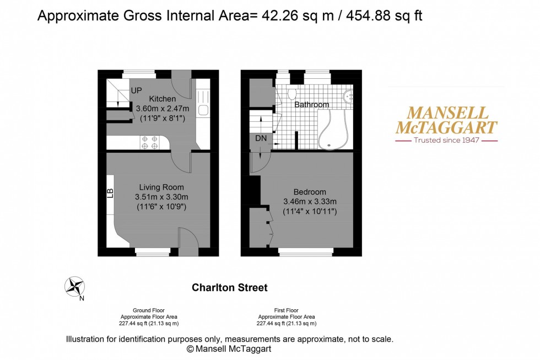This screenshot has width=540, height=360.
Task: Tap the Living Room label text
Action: [x=161, y=187]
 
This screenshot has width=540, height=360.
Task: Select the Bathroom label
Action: [x=311, y=105]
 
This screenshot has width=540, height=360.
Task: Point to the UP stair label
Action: [x=137, y=90]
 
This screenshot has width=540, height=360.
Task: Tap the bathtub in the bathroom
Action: [x=333, y=129]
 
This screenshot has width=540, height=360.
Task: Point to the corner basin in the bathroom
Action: [x=349, y=96]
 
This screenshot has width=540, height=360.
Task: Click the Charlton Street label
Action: [x=229, y=287]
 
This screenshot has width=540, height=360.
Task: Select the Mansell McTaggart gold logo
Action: [x=446, y=120]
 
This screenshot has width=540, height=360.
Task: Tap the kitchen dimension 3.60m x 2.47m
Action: [x=163, y=109]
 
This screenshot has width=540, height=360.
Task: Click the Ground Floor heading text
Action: [x=149, y=310]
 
